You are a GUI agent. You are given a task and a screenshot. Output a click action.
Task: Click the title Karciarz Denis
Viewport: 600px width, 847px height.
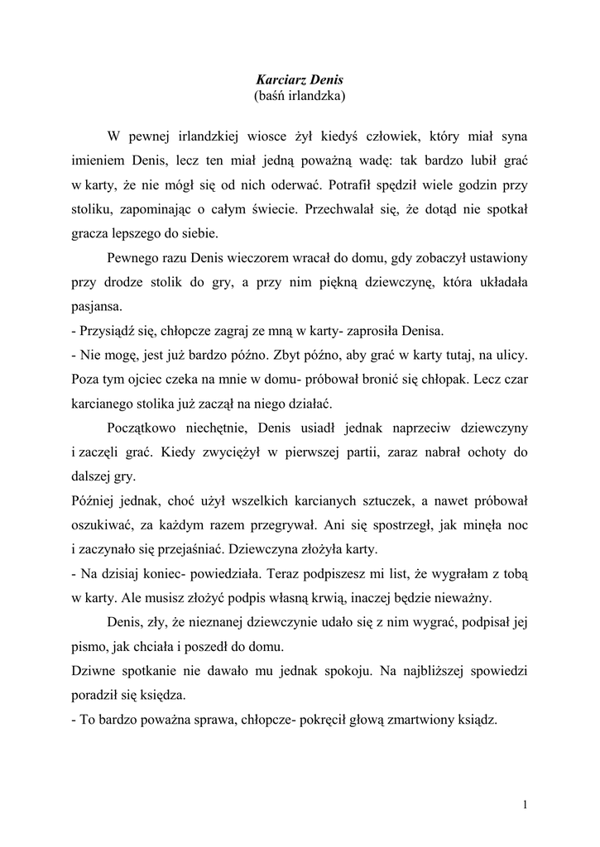click(x=299, y=80)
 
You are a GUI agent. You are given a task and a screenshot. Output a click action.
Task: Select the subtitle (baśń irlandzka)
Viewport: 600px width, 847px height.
click(x=299, y=96)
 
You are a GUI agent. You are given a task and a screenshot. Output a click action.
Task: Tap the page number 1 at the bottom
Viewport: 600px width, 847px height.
click(x=526, y=803)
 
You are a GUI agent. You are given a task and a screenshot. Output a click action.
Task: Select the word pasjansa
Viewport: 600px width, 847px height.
click(x=97, y=307)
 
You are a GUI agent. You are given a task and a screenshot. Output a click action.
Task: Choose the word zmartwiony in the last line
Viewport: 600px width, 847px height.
click(x=427, y=719)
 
